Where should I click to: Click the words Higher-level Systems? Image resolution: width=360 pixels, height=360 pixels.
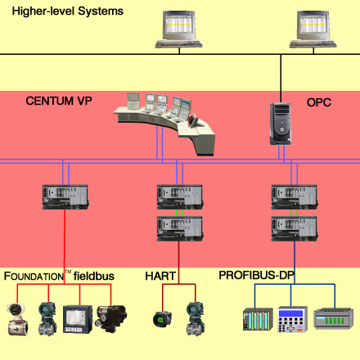67,11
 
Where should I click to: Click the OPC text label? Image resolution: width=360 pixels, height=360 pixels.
318,102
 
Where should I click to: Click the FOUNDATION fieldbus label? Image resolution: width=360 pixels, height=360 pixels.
58,277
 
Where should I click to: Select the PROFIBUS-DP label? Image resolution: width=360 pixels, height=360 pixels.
256,275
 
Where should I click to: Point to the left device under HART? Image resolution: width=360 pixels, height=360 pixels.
163,317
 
